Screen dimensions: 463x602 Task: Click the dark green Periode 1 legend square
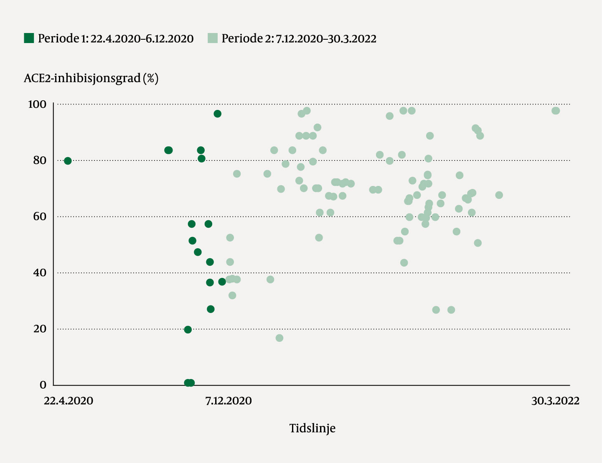pyautogui.click(x=29, y=38)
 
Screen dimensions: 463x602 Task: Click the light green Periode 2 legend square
pyautogui.click(x=213, y=38)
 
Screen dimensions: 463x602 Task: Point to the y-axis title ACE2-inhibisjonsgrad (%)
pyautogui.click(x=91, y=78)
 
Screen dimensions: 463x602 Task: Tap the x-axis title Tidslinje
pyautogui.click(x=312, y=428)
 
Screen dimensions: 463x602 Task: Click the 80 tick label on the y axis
pyautogui.click(x=39, y=160)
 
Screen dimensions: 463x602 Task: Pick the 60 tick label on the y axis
pyautogui.click(x=39, y=216)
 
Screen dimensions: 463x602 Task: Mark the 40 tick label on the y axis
pyautogui.click(x=39, y=273)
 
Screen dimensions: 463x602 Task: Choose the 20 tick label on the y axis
pyautogui.click(x=40, y=329)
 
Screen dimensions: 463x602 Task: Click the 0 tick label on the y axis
pyautogui.click(x=43, y=385)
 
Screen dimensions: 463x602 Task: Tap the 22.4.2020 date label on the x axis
pyautogui.click(x=69, y=401)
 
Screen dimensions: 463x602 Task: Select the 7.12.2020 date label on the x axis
pyautogui.click(x=229, y=401)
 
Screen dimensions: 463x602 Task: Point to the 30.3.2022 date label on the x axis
pyautogui.click(x=555, y=401)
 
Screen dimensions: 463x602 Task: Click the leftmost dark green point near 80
pyautogui.click(x=68, y=161)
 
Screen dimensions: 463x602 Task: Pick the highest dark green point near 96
pyautogui.click(x=217, y=114)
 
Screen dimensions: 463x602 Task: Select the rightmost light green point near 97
pyautogui.click(x=556, y=111)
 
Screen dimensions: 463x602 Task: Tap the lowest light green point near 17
pyautogui.click(x=279, y=338)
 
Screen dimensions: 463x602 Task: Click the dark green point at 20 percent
pyautogui.click(x=188, y=330)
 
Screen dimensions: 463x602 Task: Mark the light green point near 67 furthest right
pyautogui.click(x=499, y=195)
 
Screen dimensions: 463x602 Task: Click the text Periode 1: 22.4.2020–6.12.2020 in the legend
pyautogui.click(x=116, y=38)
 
